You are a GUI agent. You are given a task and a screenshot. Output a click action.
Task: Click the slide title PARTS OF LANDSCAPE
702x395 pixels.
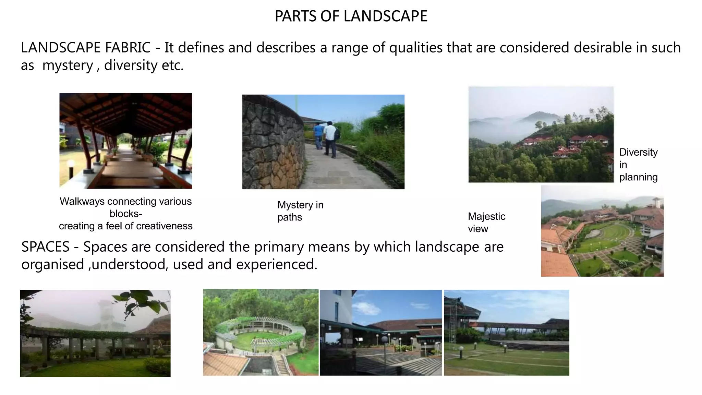pyautogui.click(x=351, y=16)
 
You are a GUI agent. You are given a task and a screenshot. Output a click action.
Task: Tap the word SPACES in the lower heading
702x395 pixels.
pyautogui.click(x=45, y=247)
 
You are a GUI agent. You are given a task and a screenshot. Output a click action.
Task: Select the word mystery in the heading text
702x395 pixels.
pyautogui.click(x=68, y=65)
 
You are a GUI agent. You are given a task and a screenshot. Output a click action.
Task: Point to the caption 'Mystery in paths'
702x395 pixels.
pyautogui.click(x=300, y=211)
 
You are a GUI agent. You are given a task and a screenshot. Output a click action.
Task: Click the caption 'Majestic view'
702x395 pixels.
pyautogui.click(x=486, y=223)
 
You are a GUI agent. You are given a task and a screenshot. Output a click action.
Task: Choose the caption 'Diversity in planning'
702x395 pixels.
pyautogui.click(x=638, y=165)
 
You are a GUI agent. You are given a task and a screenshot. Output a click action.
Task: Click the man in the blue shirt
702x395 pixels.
pyautogui.click(x=318, y=135)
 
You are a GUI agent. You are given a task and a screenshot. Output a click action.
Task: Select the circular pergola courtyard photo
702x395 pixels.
pyautogui.click(x=261, y=332)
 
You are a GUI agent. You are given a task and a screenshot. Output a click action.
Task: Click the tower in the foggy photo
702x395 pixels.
pyautogui.click(x=105, y=314)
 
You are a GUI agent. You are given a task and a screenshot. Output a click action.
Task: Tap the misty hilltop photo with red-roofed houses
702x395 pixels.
pyautogui.click(x=541, y=134)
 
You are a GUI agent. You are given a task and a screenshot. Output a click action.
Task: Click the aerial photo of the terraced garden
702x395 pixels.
pyautogui.click(x=602, y=231)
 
